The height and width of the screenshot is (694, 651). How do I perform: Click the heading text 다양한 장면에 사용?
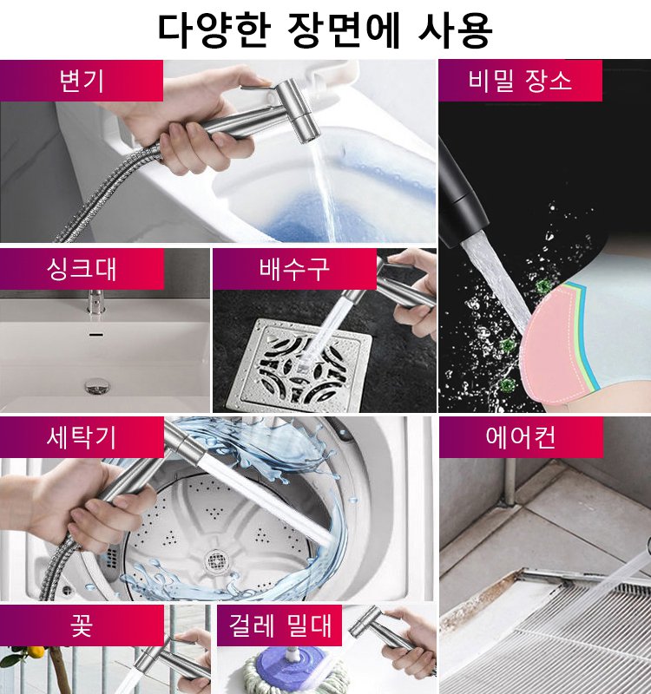point(325,29)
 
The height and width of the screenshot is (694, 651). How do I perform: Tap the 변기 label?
point(82,81)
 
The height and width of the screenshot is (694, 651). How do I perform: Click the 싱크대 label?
point(82,269)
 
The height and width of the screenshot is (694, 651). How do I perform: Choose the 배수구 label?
point(294,269)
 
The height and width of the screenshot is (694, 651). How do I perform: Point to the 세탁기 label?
point(82,437)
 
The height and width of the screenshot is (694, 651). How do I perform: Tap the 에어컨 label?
point(520,437)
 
